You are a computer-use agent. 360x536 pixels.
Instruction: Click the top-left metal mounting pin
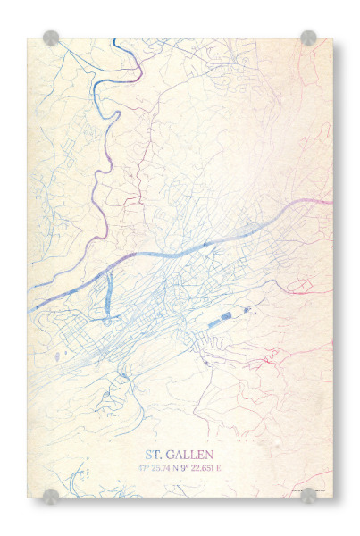pyautogui.click(x=51, y=38)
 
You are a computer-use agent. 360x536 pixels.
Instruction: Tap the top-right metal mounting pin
pyautogui.click(x=308, y=38)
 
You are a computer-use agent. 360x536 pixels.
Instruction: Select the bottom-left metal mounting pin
pyautogui.click(x=51, y=496)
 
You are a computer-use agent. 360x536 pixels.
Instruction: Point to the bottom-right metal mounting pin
pyautogui.click(x=308, y=496)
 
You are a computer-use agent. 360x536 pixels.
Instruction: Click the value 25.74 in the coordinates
pyautogui.click(x=163, y=467)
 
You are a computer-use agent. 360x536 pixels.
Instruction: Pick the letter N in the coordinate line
pyautogui.click(x=180, y=467)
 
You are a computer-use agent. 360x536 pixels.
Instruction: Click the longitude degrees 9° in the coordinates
pyautogui.click(x=189, y=467)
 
